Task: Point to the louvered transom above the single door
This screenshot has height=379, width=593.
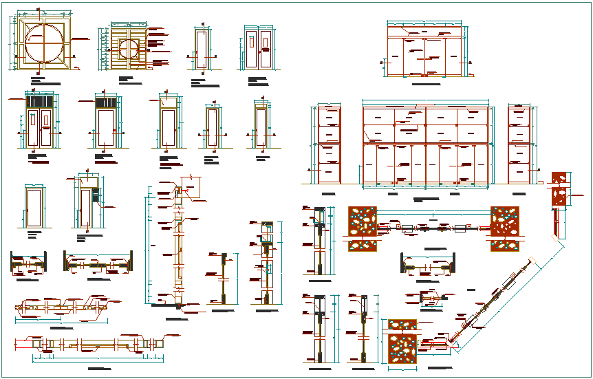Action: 107,103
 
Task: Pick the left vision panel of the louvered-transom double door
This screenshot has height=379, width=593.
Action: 32,120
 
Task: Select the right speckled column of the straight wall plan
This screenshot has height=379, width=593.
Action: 504,228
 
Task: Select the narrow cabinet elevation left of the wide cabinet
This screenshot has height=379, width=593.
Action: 329,145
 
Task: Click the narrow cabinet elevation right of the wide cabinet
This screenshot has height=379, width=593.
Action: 519,145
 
